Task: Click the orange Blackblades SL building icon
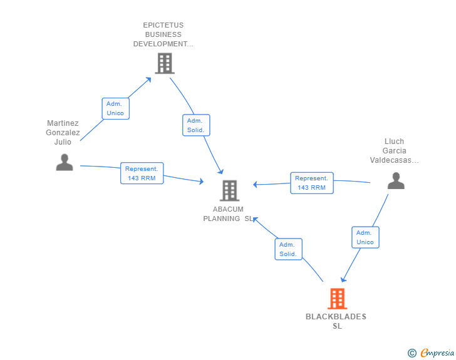(337, 299)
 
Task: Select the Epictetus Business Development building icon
(164, 63)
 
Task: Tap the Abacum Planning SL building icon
(230, 190)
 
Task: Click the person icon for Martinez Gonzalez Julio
(65, 162)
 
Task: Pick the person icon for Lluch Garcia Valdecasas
(395, 181)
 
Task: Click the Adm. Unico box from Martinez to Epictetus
(115, 108)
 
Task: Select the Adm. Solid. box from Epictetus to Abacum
(196, 125)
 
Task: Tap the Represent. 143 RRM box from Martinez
(142, 173)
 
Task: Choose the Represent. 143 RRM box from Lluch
(311, 183)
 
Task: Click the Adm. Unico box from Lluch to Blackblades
(365, 237)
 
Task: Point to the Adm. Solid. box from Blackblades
(288, 249)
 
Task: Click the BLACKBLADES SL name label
(336, 321)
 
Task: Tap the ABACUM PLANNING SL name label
(228, 214)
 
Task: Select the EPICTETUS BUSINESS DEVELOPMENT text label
(163, 35)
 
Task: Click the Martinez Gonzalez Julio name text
(63, 133)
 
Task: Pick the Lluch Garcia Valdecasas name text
(395, 151)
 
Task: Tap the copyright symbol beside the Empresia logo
(412, 353)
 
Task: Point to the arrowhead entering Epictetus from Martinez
(148, 79)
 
